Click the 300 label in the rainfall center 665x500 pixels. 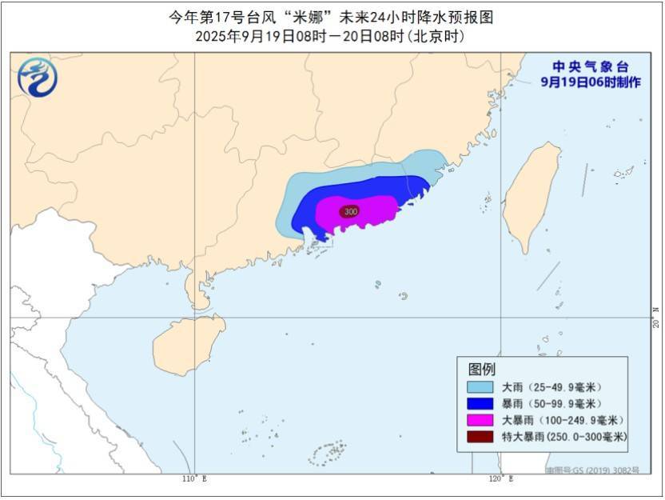348,211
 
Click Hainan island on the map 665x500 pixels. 187,344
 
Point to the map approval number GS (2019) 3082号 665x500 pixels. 592,470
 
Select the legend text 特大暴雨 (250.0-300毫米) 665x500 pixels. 564,437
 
